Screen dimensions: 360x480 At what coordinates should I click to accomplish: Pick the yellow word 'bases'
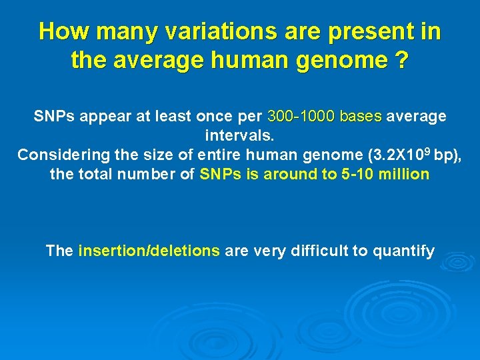360,117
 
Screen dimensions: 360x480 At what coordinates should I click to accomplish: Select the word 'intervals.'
239,136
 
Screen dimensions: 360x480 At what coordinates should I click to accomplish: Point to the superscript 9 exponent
429,151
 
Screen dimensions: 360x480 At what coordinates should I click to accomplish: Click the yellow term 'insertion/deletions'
149,251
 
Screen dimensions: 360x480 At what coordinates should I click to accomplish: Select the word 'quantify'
404,251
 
